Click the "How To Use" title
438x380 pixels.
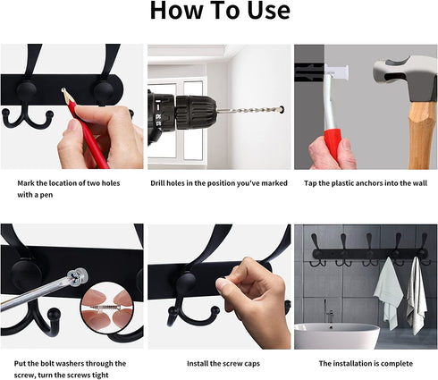point(220,11)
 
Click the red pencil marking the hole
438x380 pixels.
point(86,128)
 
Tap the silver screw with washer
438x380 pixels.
point(78,277)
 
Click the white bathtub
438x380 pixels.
point(337,336)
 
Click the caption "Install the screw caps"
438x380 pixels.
point(223,363)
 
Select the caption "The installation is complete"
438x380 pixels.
point(366,363)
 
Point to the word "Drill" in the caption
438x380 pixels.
point(157,183)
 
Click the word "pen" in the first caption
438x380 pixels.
point(46,195)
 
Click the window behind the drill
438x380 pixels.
point(177,119)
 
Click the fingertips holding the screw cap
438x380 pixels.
point(223,283)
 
